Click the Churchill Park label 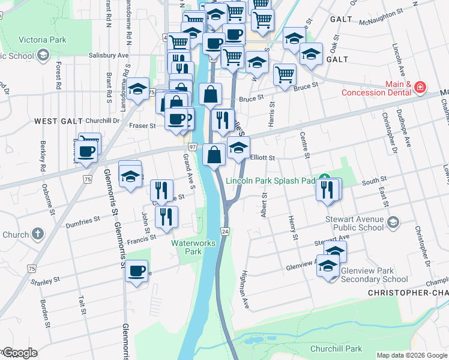point(336,349)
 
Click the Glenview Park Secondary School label point(375,275)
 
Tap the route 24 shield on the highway point(225,231)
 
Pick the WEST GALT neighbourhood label point(58,121)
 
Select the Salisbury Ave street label point(109,55)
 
